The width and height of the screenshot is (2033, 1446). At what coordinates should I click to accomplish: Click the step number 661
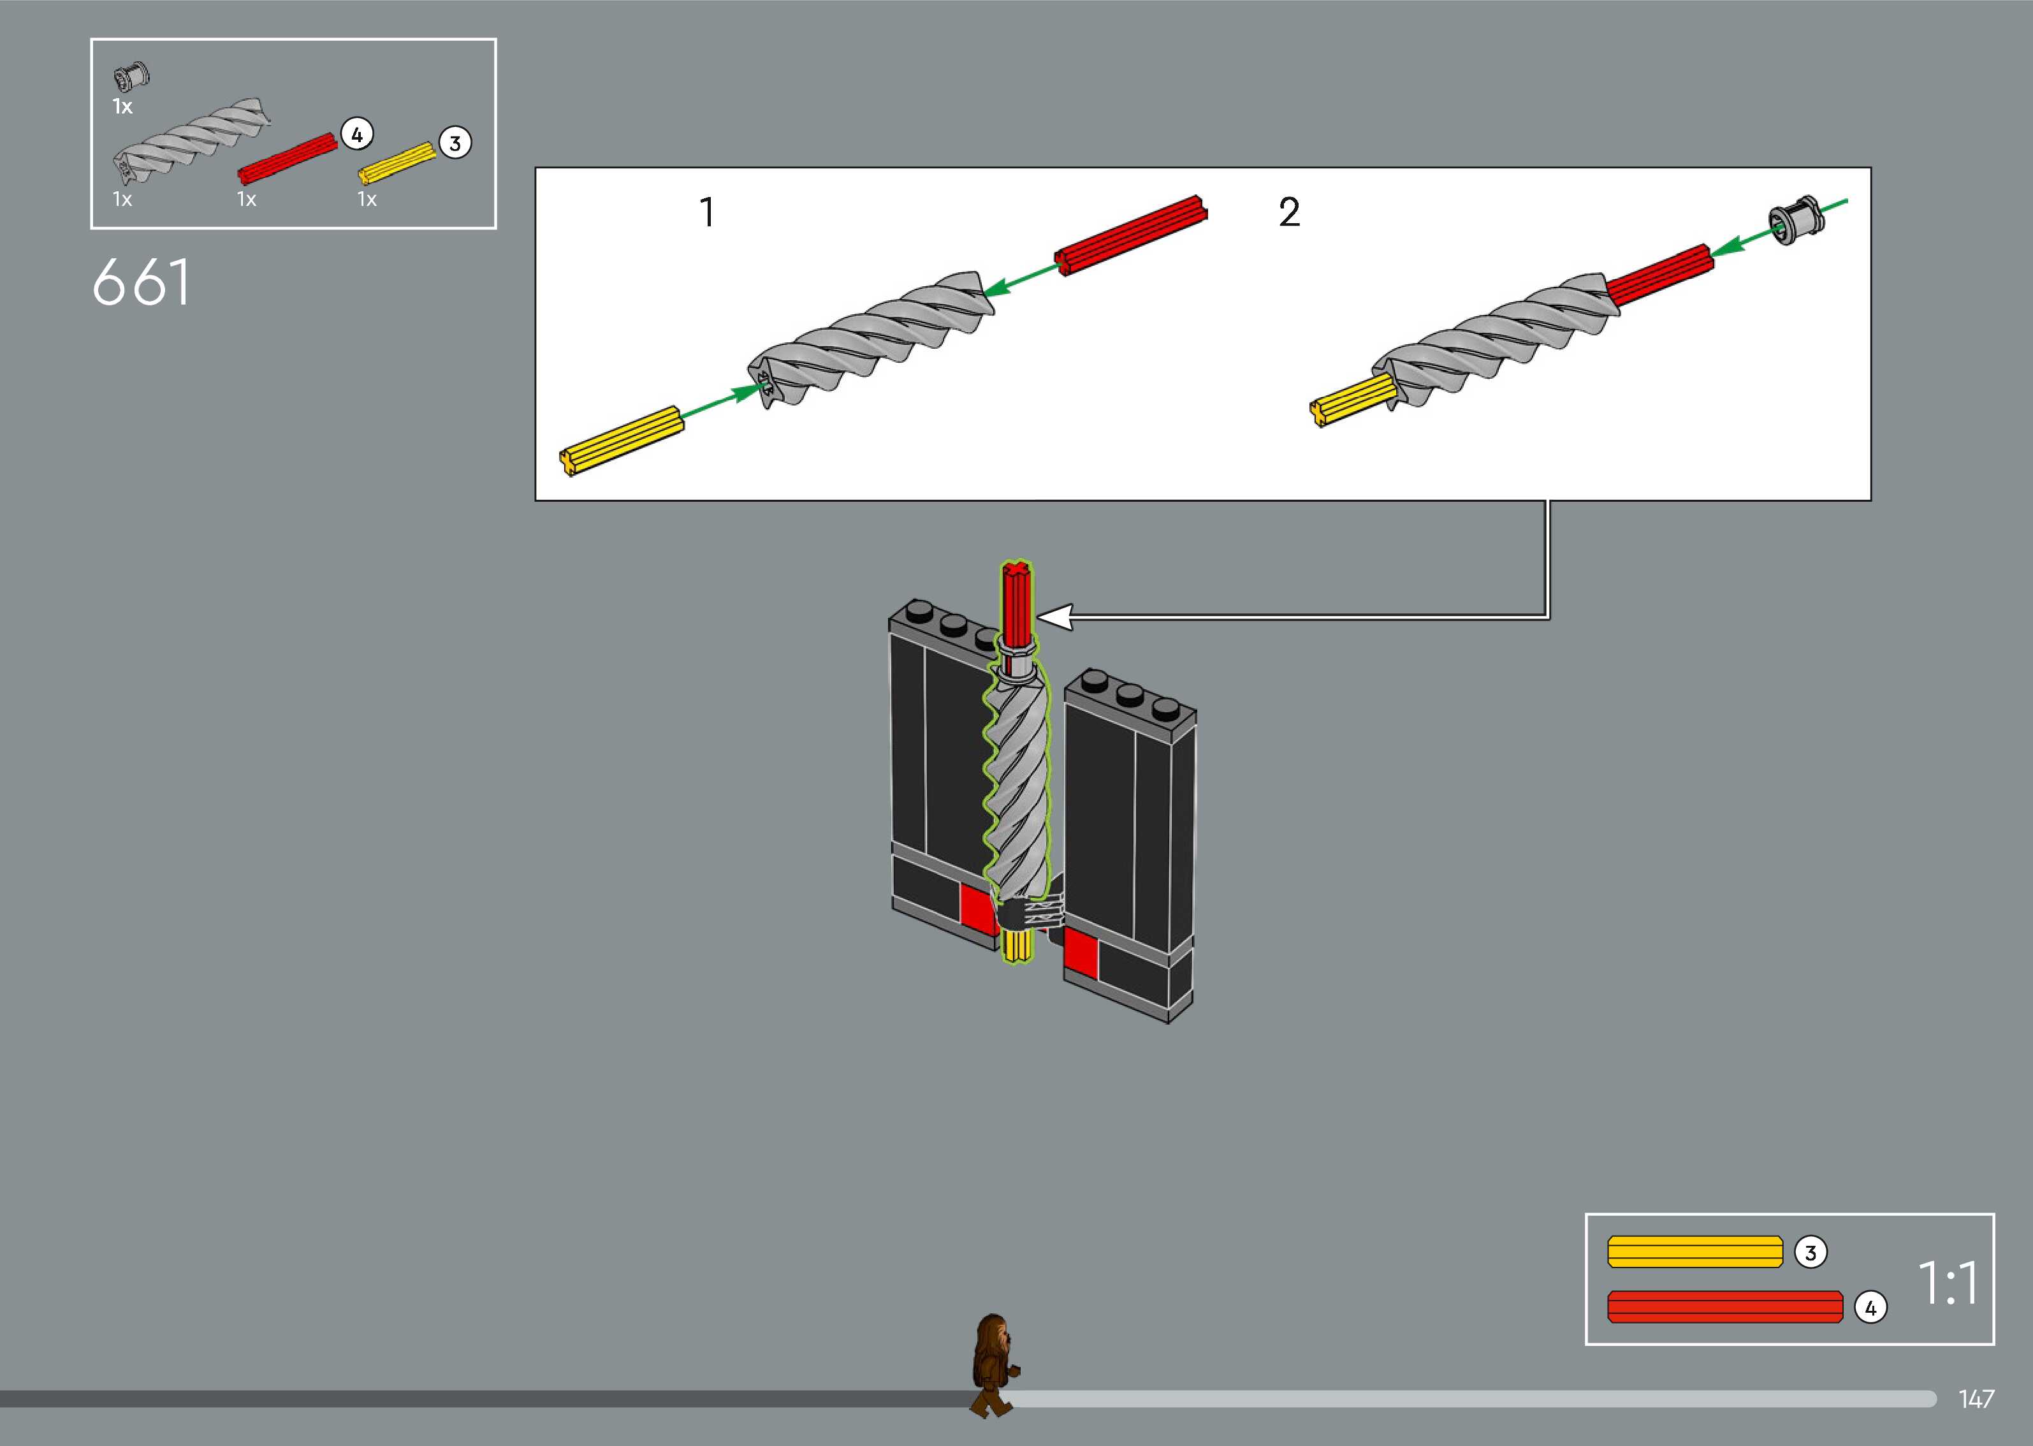[141, 282]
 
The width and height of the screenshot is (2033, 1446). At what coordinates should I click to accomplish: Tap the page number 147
[1975, 1399]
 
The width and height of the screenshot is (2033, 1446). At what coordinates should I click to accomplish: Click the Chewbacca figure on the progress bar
[995, 1364]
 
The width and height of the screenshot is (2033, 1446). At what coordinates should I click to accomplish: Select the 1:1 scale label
[1948, 1283]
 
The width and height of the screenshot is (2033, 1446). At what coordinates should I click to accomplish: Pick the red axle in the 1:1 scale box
[1725, 1306]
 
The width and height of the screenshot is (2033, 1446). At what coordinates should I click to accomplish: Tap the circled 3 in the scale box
[1810, 1253]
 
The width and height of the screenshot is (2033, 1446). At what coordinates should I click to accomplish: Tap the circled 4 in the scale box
[1870, 1308]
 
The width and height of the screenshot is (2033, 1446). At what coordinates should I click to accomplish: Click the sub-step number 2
[1289, 212]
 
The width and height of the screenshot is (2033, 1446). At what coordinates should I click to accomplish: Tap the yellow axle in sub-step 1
[622, 441]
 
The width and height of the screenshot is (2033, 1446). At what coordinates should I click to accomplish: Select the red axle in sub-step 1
[1130, 235]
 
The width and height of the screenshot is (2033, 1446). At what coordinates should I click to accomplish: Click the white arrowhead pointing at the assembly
[1055, 616]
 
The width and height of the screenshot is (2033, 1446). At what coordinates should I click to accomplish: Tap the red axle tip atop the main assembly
[1016, 593]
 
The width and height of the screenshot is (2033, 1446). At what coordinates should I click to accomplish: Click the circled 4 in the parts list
[356, 135]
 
